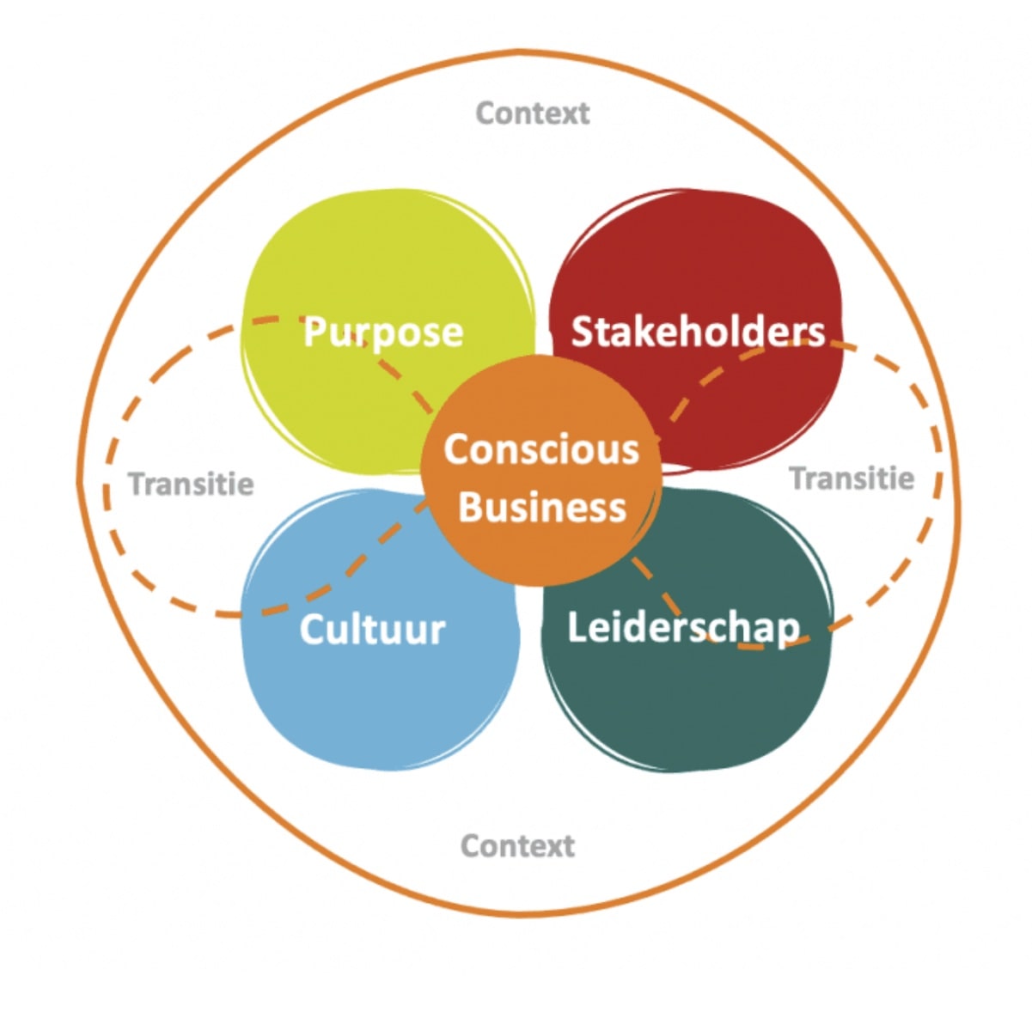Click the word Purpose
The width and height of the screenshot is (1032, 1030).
pyautogui.click(x=383, y=333)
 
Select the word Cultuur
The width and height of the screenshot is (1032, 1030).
pyautogui.click(x=372, y=629)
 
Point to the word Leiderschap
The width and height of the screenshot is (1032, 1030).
pyautogui.click(x=683, y=628)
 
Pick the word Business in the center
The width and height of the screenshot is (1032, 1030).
pyautogui.click(x=542, y=507)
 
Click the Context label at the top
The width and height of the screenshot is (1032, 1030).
pyautogui.click(x=533, y=113)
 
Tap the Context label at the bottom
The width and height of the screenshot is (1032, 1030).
pyautogui.click(x=518, y=846)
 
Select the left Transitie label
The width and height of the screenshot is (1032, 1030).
pyautogui.click(x=191, y=484)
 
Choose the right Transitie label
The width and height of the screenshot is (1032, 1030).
pyautogui.click(x=852, y=478)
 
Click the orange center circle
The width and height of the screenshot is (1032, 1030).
pyautogui.click(x=540, y=472)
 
